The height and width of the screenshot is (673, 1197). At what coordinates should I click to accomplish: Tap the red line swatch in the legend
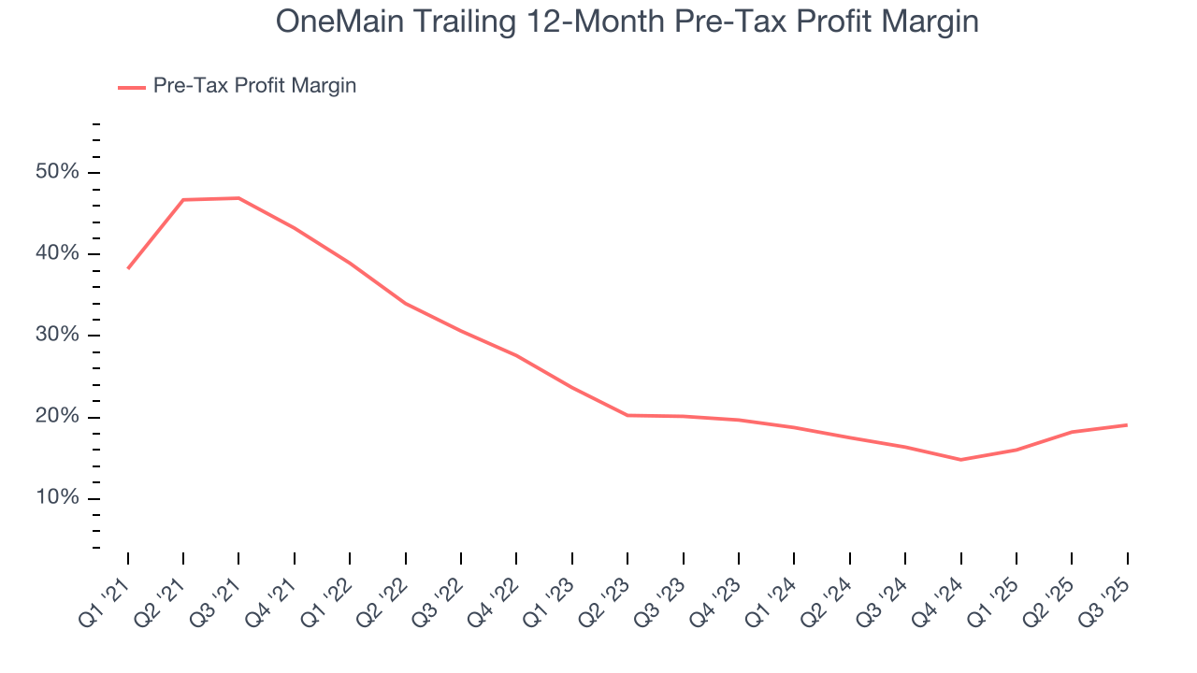131,87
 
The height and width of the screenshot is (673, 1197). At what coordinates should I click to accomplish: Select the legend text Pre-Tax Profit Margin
254,86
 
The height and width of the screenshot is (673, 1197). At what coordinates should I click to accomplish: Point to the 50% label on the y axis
57,173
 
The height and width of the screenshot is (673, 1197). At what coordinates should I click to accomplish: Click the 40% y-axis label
57,254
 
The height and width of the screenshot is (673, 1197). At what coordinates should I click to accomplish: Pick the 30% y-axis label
57,336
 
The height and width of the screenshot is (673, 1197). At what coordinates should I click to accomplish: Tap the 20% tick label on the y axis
57,417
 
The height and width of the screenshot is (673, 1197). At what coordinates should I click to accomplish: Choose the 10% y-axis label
57,498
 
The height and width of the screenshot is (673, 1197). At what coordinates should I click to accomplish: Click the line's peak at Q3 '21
238,198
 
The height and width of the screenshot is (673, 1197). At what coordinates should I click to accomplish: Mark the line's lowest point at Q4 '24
960,460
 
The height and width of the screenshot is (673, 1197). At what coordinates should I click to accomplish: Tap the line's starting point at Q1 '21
128,268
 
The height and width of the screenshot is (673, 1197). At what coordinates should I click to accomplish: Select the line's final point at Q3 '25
1126,425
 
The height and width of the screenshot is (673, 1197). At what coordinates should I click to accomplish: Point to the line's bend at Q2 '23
627,415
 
